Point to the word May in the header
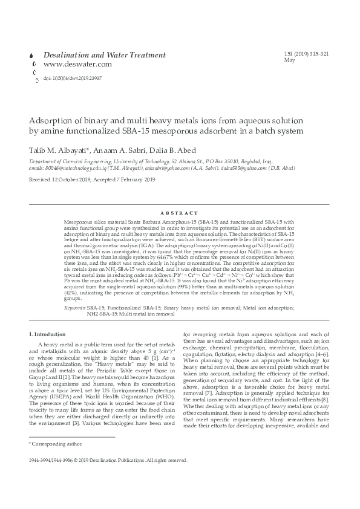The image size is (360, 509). (289, 60)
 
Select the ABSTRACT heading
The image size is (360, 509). (180, 213)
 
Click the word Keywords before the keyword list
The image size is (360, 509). (74, 308)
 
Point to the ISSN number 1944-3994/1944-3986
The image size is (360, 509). (59, 460)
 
